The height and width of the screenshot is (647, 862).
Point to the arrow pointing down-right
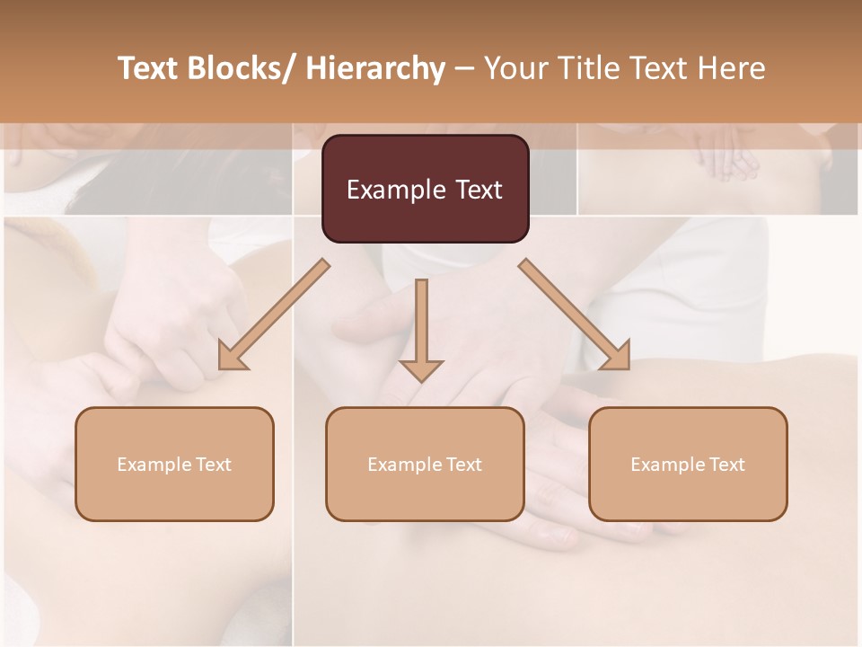pyautogui.click(x=575, y=315)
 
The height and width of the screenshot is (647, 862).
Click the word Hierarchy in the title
pyautogui.click(x=375, y=68)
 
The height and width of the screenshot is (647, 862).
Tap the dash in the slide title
pyautogui.click(x=464, y=68)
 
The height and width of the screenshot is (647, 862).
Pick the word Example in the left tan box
pyautogui.click(x=154, y=465)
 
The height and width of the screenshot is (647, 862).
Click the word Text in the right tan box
pyautogui.click(x=726, y=465)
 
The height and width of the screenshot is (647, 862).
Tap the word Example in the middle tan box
pyautogui.click(x=405, y=465)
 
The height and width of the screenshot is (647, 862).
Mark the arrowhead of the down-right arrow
pyautogui.click(x=615, y=355)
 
